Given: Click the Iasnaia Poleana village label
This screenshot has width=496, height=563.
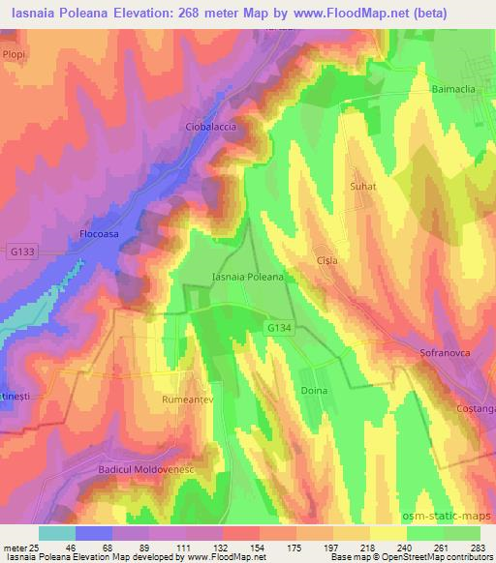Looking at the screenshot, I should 247,277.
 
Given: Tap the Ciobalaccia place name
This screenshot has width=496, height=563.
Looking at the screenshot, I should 210,127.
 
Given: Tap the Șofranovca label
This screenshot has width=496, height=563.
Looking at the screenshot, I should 445,353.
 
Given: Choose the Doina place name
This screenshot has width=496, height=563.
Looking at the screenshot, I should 314,390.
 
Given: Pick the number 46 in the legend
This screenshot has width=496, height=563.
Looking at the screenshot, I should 69,547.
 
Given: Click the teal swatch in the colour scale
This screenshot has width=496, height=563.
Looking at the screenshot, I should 57,533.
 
